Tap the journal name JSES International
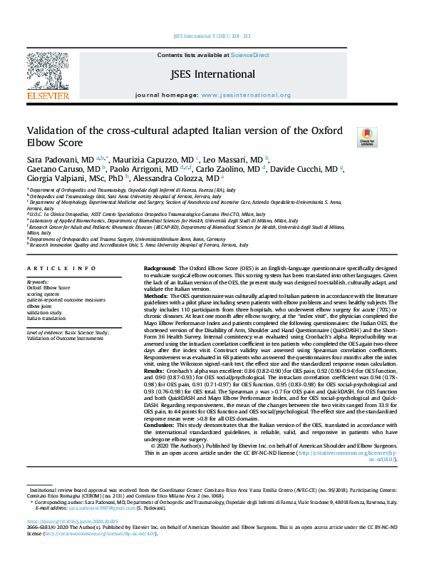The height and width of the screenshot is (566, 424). (x=212, y=73)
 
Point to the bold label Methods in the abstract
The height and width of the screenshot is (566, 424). (x=156, y=294)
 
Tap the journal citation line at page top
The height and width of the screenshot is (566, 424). (x=212, y=36)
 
